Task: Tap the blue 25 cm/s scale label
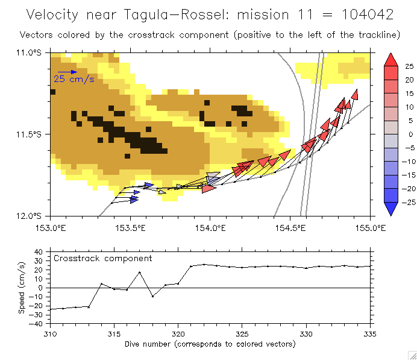coord(74,79)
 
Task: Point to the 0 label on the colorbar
coord(407,134)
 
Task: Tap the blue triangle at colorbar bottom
coord(390,209)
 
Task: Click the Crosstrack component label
coord(103,258)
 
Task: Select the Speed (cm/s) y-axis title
coord(22,288)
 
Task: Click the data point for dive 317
coord(140,273)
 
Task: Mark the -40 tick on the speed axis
coord(39,324)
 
